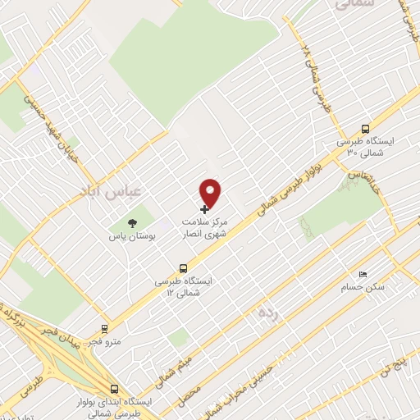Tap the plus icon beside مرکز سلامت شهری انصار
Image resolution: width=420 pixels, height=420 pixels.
coord(204,210)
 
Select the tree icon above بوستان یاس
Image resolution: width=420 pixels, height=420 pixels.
coord(130,223)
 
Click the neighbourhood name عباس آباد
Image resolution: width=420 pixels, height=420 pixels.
coord(111,190)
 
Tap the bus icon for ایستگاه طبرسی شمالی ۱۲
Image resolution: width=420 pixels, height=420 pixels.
coord(184,267)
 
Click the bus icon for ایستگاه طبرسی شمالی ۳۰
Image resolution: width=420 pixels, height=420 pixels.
coord(365,128)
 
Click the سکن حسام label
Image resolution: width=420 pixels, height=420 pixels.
coord(363,288)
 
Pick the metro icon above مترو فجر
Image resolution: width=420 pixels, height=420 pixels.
coord(104,327)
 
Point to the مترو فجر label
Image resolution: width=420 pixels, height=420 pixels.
coord(104,340)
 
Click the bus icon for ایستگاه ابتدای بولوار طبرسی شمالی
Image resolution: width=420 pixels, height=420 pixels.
coord(113,389)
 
